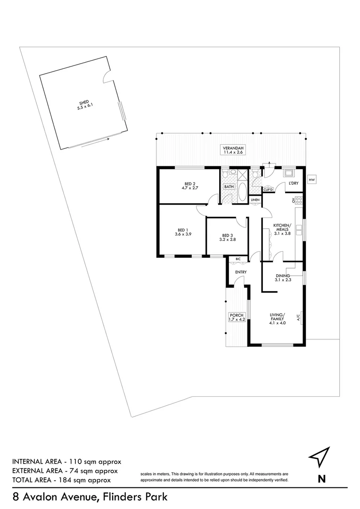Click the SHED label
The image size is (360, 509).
click(83, 103)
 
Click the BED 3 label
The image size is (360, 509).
click(228, 235)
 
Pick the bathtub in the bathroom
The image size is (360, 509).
click(241, 194)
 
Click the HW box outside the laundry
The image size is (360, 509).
click(311, 180)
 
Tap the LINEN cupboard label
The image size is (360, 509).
click(255, 200)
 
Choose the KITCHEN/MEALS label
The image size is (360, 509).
click(283, 228)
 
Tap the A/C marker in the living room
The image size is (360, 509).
click(298, 318)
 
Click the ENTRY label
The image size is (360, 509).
click(235, 272)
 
